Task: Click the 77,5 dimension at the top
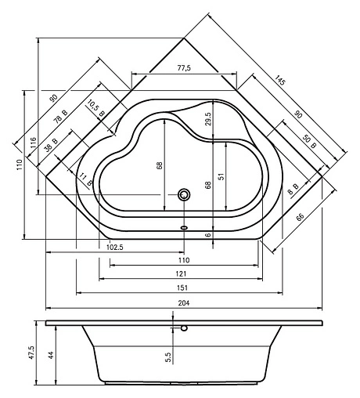tap(184, 69)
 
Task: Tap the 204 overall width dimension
tap(184, 303)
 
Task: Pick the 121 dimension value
tap(180, 273)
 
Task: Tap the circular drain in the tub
tap(185, 194)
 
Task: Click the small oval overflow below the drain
tap(185, 228)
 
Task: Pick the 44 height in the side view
tap(51, 354)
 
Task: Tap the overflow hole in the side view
tap(185, 329)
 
